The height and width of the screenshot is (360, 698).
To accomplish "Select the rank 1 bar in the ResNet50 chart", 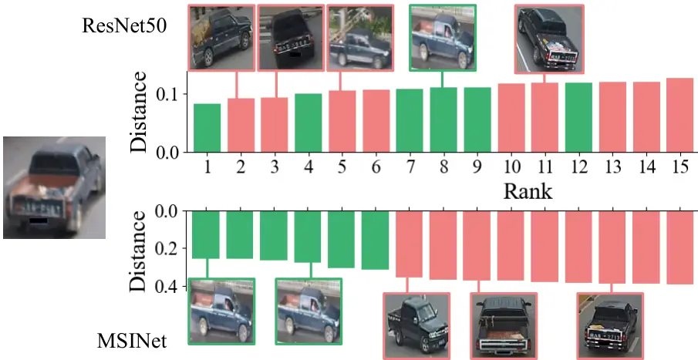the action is tap(207, 127).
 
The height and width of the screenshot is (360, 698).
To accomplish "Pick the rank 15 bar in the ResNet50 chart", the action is tap(679, 115).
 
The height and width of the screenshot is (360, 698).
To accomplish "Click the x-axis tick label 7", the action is tap(410, 167).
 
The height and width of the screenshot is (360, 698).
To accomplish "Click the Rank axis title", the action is tap(528, 190).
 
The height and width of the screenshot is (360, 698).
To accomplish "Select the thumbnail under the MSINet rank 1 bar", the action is tap(221, 311).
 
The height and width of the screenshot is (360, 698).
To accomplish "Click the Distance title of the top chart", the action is tap(139, 111).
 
